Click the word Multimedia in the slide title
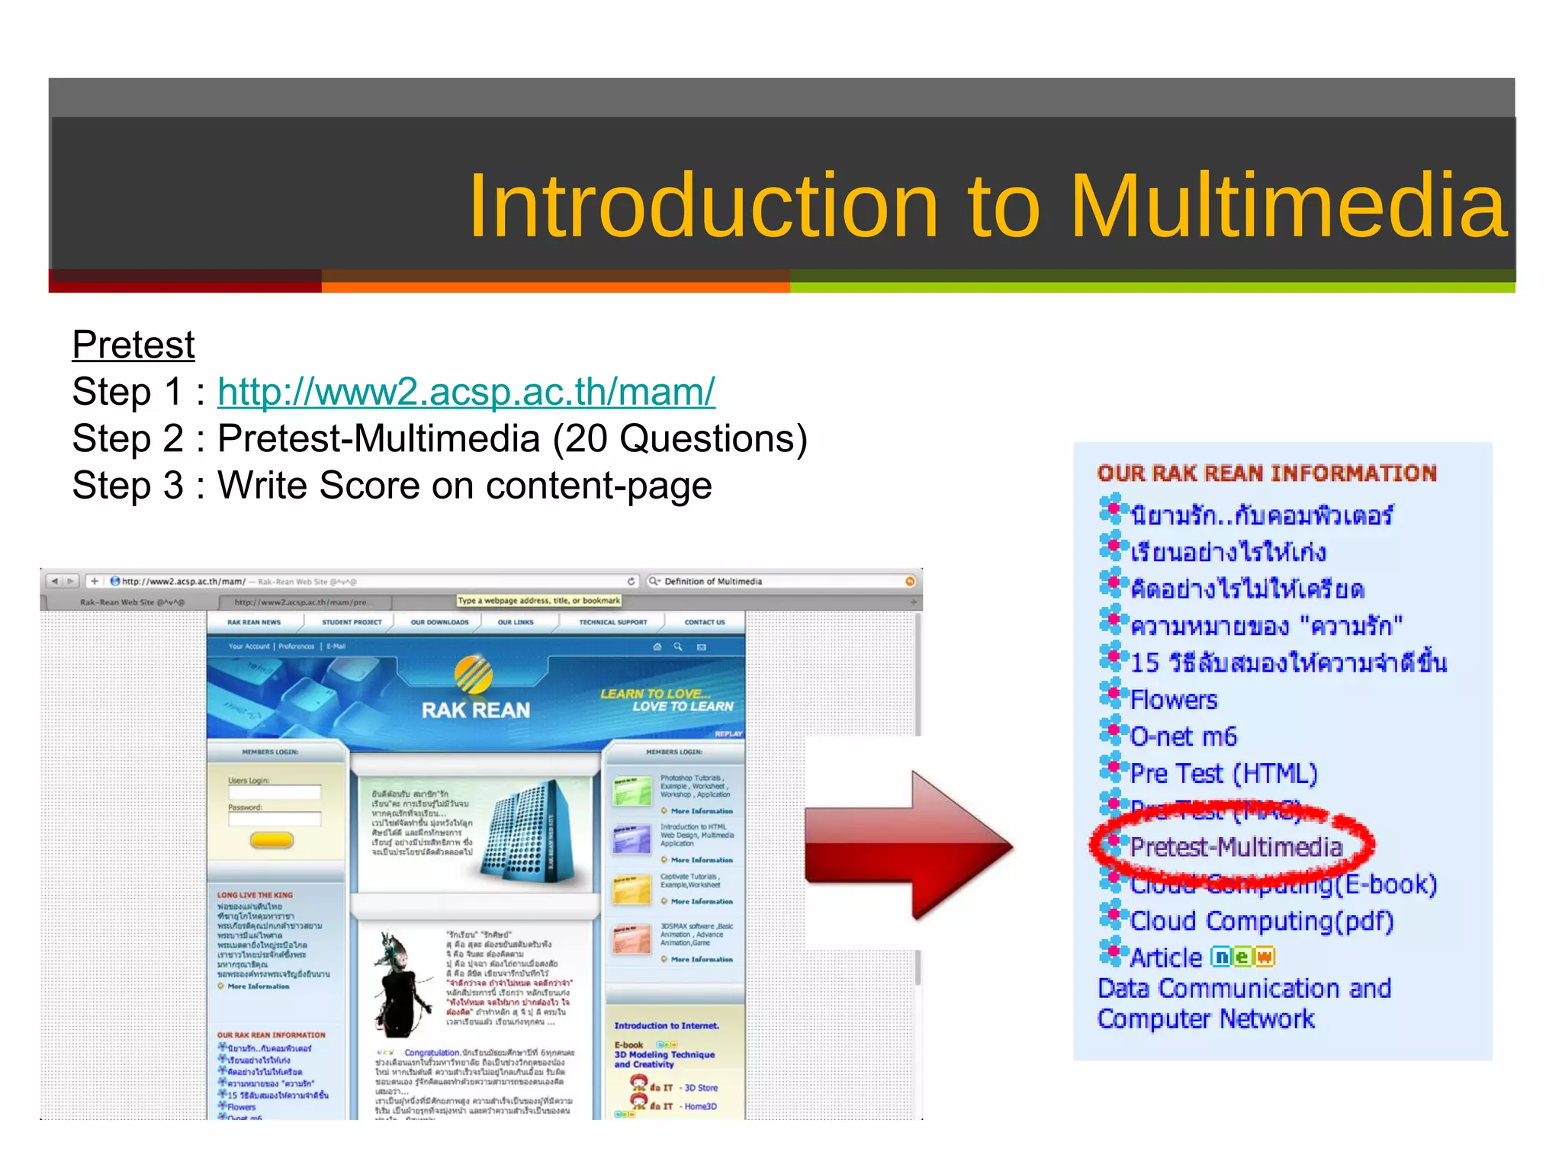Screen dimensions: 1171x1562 coord(1289,206)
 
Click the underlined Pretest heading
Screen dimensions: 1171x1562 coord(133,345)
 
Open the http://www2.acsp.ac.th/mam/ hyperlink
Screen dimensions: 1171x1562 coord(466,392)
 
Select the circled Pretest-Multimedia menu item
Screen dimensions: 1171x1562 coord(1236,847)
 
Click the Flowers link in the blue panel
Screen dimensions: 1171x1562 coord(1173,699)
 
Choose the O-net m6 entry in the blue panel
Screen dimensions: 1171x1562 coord(1183,736)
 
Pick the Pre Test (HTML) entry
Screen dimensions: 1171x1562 coord(1223,773)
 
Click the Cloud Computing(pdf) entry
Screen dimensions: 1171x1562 coord(1261,921)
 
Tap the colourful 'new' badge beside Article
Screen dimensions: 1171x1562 coord(1242,957)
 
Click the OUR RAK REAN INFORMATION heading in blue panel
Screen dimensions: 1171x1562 coord(1266,473)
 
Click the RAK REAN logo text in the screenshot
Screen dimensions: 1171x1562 coord(475,711)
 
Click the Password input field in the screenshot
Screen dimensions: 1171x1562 coord(275,819)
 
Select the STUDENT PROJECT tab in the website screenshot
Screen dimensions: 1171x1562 coord(352,622)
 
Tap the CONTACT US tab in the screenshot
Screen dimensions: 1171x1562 coord(704,622)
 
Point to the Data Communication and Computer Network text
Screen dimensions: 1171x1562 coord(1243,1003)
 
